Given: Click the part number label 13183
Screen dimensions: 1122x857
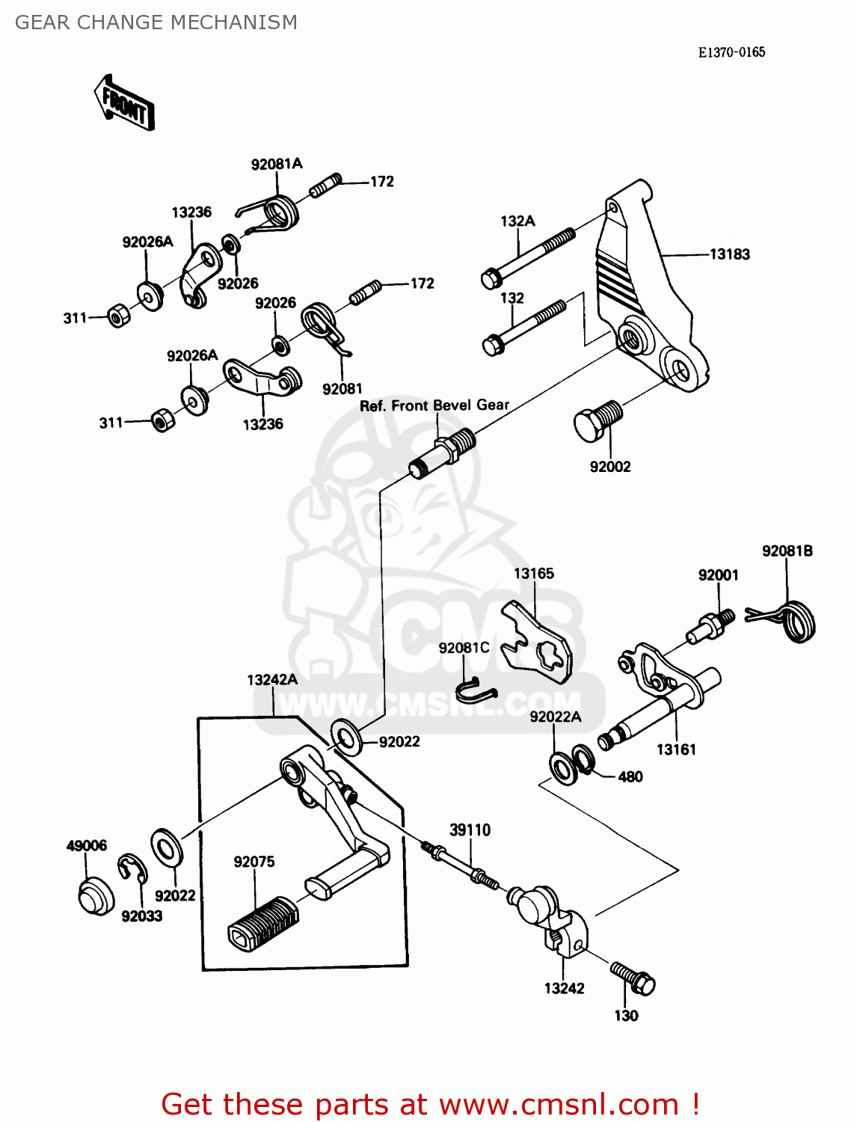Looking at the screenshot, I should [729, 254].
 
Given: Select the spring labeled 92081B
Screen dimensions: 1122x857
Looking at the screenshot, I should [794, 620].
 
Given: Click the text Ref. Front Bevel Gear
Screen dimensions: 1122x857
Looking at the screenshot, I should [434, 405].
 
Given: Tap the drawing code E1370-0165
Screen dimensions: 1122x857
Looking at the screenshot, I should [731, 52].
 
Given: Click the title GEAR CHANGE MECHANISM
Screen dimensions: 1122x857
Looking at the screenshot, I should [156, 22].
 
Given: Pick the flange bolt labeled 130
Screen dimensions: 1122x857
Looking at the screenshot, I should [633, 978].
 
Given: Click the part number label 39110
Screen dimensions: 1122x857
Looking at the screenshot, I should [470, 830].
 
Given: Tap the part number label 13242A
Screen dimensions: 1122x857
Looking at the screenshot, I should [272, 679].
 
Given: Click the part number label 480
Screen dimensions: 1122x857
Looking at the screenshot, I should [630, 776].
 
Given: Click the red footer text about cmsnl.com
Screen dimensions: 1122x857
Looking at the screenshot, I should [430, 1104].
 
